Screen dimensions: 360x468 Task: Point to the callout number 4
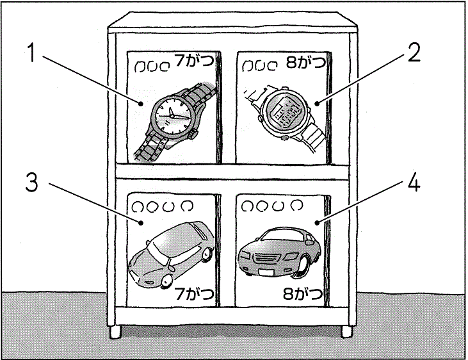coord(414,184)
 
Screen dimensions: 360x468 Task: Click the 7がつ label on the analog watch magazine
coord(195,63)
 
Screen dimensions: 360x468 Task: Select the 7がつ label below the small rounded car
coord(195,295)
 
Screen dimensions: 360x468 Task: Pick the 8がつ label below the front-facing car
coord(302,295)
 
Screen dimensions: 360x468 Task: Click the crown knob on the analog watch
coord(193,135)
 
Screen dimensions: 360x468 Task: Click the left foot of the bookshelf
coord(116,332)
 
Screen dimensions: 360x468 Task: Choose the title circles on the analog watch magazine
coord(148,66)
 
